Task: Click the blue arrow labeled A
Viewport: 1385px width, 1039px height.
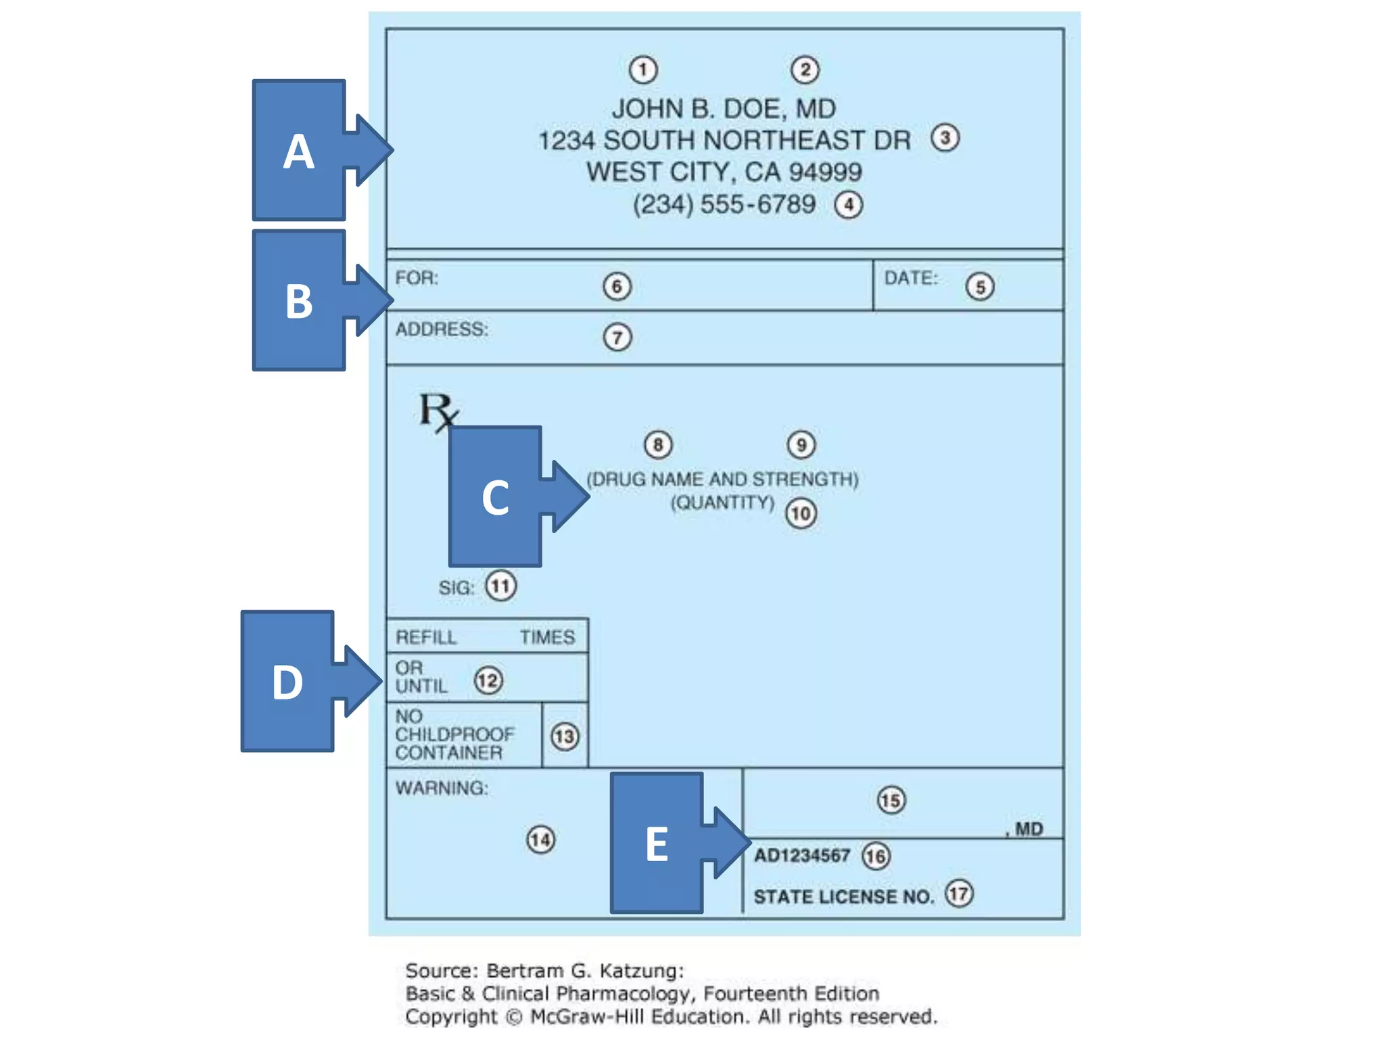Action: coord(311,150)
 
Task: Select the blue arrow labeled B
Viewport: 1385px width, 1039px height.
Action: coord(311,300)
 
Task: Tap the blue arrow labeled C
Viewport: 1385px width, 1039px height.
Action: coord(507,497)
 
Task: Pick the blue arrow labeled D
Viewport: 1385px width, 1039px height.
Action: coord(300,681)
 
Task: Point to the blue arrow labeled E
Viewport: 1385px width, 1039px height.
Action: coord(670,843)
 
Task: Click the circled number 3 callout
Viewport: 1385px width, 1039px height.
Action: coord(945,138)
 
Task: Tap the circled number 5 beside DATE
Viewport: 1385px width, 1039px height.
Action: coord(979,287)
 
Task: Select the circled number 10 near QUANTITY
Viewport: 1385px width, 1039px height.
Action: coord(801,513)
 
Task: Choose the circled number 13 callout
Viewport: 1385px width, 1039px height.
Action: coord(564,737)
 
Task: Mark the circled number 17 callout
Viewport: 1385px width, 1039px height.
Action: coord(958,894)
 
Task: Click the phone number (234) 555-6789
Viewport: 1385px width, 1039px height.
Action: coord(724,204)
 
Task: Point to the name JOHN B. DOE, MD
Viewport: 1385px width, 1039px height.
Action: coord(724,108)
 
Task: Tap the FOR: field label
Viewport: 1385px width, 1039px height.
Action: coord(417,278)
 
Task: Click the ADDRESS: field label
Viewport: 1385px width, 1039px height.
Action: coord(442,329)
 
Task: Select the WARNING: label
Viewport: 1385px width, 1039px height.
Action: coord(442,788)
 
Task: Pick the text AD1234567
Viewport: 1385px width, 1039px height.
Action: coord(801,856)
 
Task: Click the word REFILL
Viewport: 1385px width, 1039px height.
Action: coord(426,637)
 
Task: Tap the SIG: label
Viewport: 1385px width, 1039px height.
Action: coord(456,588)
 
